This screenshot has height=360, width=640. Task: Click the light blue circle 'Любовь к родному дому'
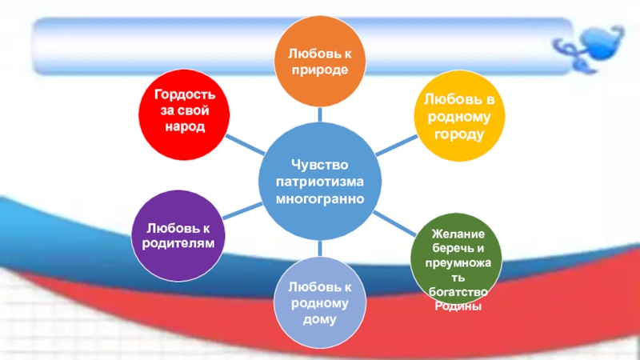point(319,302)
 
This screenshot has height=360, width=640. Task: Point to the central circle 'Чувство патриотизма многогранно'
point(319,180)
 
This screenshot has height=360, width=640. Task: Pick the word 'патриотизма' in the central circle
point(319,181)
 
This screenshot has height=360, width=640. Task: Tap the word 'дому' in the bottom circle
point(319,319)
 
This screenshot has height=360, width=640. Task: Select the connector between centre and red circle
point(244,145)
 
